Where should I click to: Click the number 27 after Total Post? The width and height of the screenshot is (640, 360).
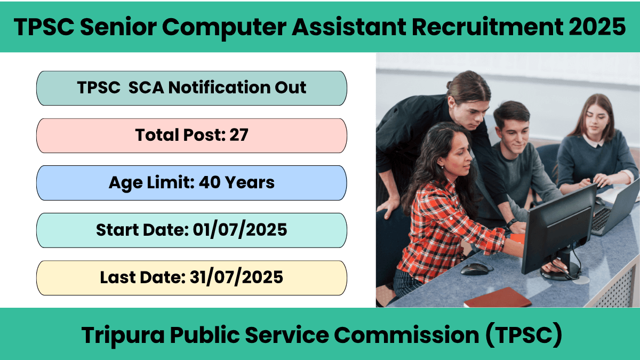pos(239,135)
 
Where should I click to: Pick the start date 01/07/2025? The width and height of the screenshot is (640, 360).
pos(240,230)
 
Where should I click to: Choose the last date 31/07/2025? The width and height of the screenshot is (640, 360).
pos(236,277)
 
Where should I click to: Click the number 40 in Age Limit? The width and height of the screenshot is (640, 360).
pos(210,182)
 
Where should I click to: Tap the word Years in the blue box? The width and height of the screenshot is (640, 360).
pos(250,182)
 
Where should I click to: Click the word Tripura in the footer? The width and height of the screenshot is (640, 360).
pos(123,335)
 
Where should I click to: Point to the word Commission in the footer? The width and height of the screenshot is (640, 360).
pos(406,334)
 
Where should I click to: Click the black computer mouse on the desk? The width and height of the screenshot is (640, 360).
pos(475,269)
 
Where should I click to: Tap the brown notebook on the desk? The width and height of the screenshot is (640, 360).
pos(498,298)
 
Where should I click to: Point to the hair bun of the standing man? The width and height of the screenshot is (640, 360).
pos(450,84)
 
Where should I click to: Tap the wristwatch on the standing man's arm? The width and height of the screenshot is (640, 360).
pos(511,222)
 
